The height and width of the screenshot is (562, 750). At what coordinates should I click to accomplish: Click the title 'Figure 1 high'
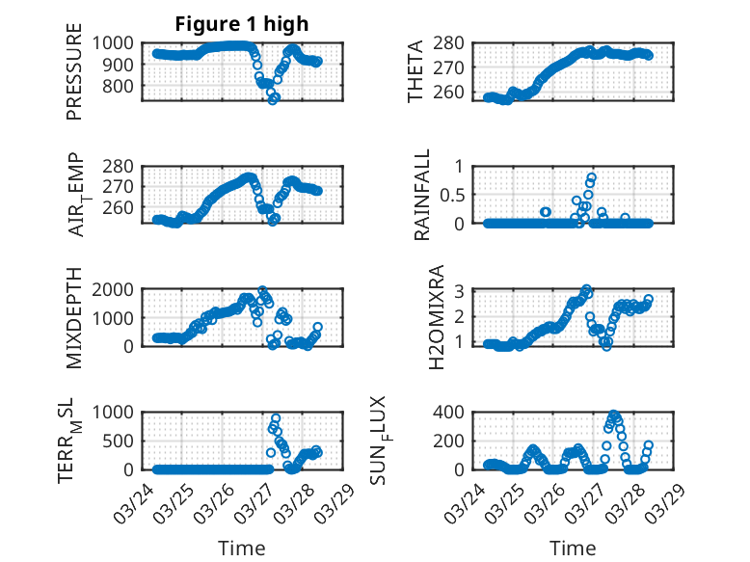point(242,24)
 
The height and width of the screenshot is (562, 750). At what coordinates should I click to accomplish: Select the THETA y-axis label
point(415,71)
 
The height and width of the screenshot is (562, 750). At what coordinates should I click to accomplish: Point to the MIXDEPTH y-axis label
point(74,319)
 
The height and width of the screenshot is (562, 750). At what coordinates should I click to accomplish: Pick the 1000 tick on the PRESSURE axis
point(119,42)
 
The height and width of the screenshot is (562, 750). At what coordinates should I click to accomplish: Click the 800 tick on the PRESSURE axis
point(123,86)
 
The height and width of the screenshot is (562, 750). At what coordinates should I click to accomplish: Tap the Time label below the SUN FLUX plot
point(573,549)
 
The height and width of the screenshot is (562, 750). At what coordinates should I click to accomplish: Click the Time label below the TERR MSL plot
point(242,549)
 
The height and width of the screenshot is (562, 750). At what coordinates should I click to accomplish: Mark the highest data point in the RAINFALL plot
point(592,177)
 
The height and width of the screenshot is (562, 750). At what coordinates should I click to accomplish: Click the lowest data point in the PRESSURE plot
point(273,99)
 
